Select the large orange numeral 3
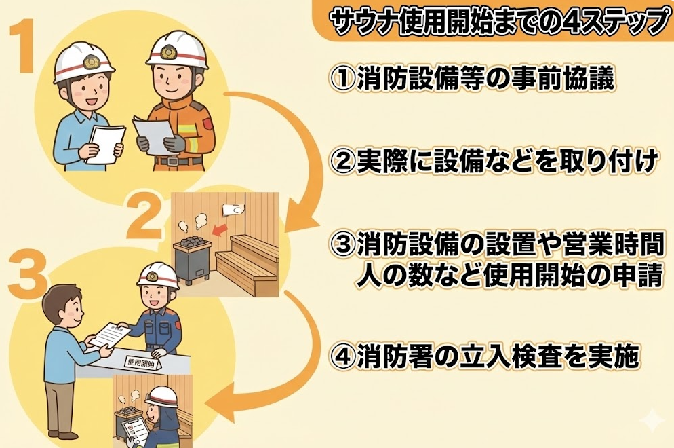click(26, 274)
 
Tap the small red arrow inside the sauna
click(220, 232)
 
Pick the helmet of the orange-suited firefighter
click(177, 50)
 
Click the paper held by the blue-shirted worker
click(106, 144)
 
